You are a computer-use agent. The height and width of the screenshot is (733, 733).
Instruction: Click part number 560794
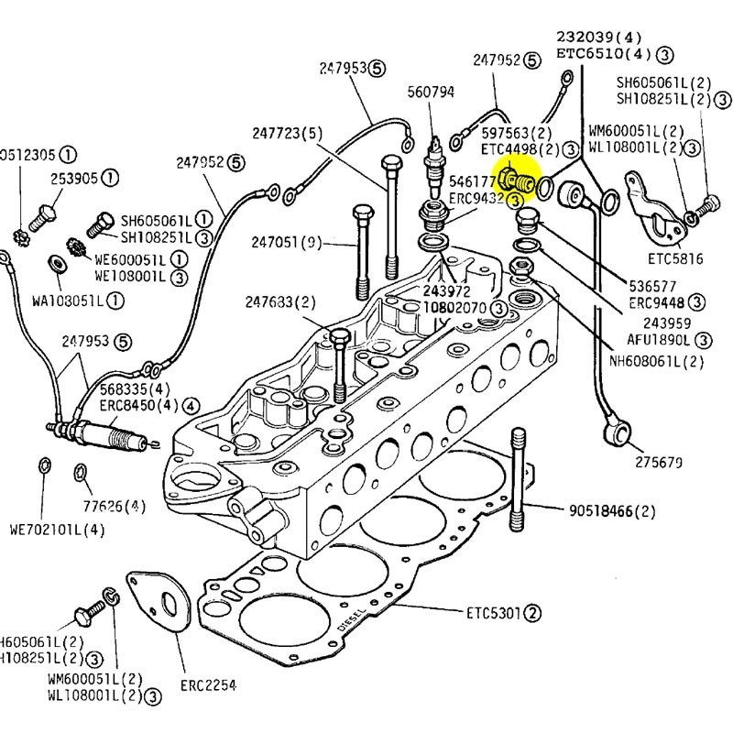[431, 92]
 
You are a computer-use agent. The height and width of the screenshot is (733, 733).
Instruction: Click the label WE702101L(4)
[57, 529]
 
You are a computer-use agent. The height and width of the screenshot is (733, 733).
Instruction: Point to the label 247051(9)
[287, 243]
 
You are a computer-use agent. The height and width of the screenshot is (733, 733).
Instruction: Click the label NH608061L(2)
[656, 361]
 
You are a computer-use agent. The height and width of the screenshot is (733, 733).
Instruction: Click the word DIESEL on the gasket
[353, 622]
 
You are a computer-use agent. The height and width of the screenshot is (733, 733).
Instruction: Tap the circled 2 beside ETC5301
[534, 611]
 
